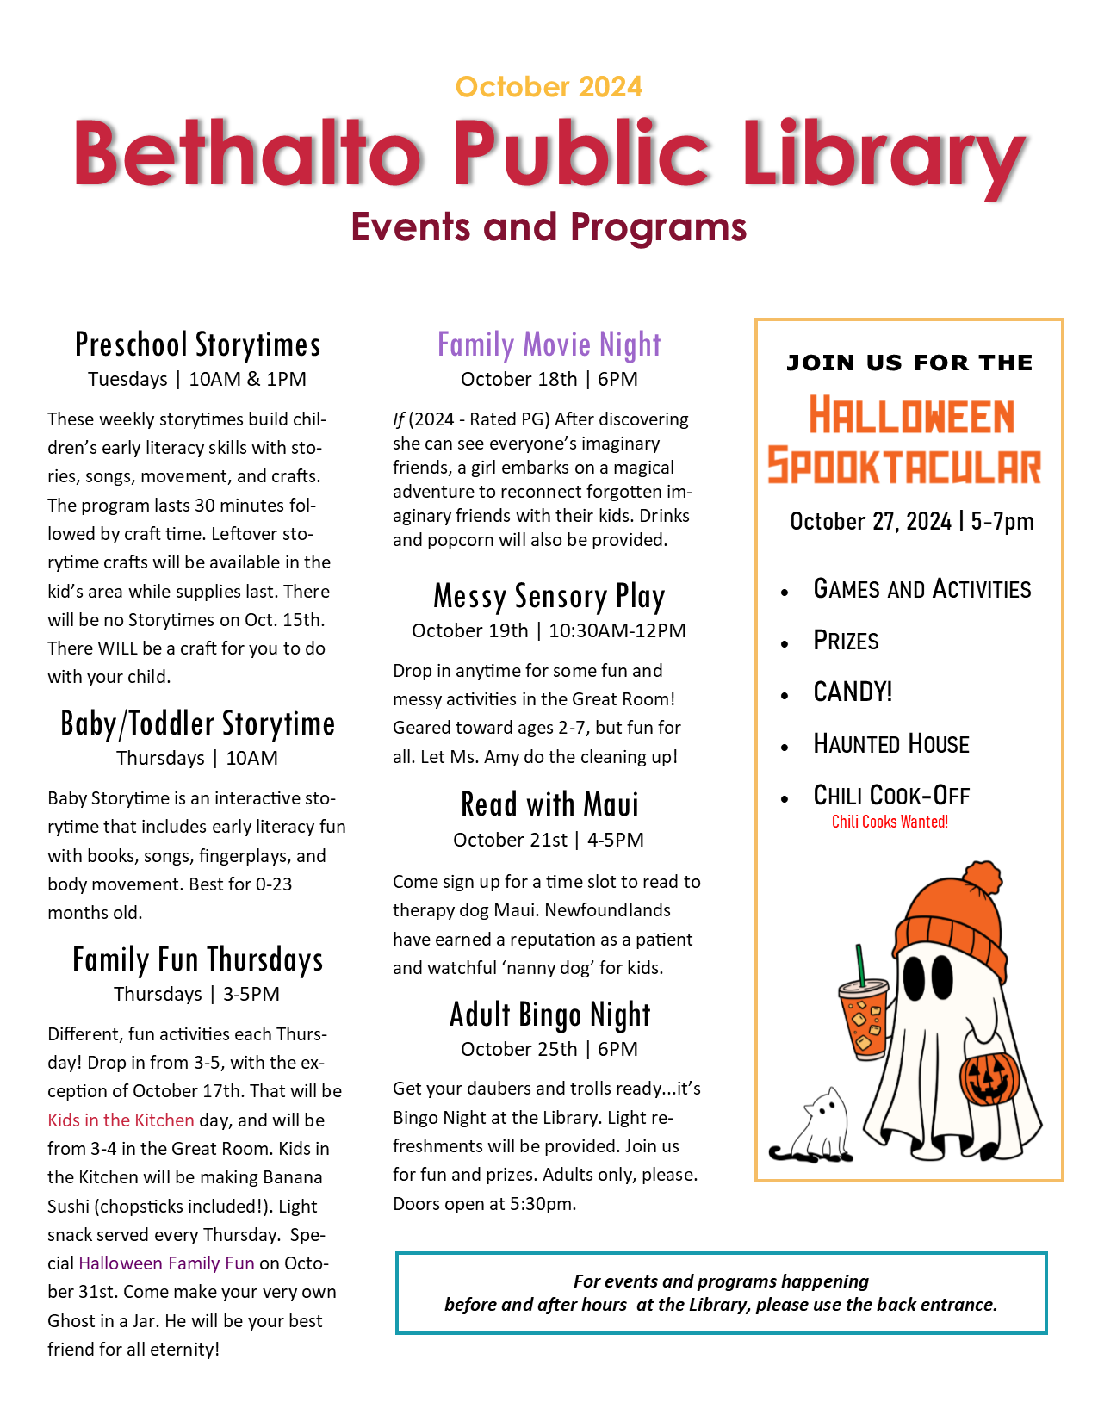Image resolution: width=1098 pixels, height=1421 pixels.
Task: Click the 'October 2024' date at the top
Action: pyautogui.click(x=549, y=87)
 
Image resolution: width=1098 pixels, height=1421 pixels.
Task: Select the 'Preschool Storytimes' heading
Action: pyautogui.click(x=197, y=344)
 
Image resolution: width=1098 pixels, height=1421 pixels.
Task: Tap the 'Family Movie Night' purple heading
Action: pyautogui.click(x=549, y=344)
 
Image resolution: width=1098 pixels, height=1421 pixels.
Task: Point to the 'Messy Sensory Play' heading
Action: pyautogui.click(x=549, y=596)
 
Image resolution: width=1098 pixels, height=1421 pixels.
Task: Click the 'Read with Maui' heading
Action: pyautogui.click(x=549, y=804)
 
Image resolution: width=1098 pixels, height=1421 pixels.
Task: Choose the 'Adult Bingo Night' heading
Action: pyautogui.click(x=549, y=1015)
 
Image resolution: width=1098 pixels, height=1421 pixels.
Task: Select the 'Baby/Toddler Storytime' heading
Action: pyautogui.click(x=197, y=723)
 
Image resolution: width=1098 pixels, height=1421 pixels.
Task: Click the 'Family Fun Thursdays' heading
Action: pyautogui.click(x=197, y=959)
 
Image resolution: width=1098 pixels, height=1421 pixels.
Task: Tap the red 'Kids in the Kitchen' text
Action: pyautogui.click(x=121, y=1120)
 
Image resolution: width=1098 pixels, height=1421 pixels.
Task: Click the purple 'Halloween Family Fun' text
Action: pyautogui.click(x=166, y=1263)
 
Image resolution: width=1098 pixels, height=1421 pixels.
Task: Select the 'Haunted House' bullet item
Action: pyautogui.click(x=890, y=744)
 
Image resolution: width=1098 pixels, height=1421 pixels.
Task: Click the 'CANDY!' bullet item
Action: pyautogui.click(x=853, y=692)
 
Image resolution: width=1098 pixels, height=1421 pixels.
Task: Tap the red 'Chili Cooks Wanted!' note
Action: pyautogui.click(x=890, y=822)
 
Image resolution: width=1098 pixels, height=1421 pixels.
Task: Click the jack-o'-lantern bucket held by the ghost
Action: pyautogui.click(x=989, y=1077)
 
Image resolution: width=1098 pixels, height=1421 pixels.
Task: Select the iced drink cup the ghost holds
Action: pyautogui.click(x=863, y=1016)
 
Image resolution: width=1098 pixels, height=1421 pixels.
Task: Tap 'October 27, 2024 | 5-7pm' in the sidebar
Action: pyautogui.click(x=911, y=521)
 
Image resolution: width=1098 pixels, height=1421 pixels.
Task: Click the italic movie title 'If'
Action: pyautogui.click(x=398, y=419)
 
